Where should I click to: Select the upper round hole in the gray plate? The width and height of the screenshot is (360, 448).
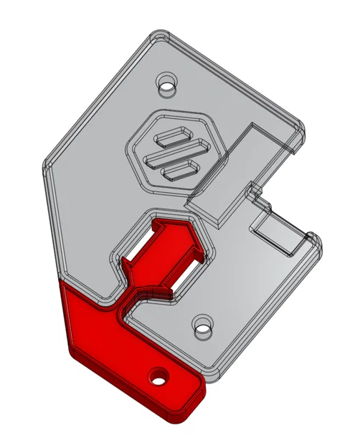pyautogui.click(x=167, y=83)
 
